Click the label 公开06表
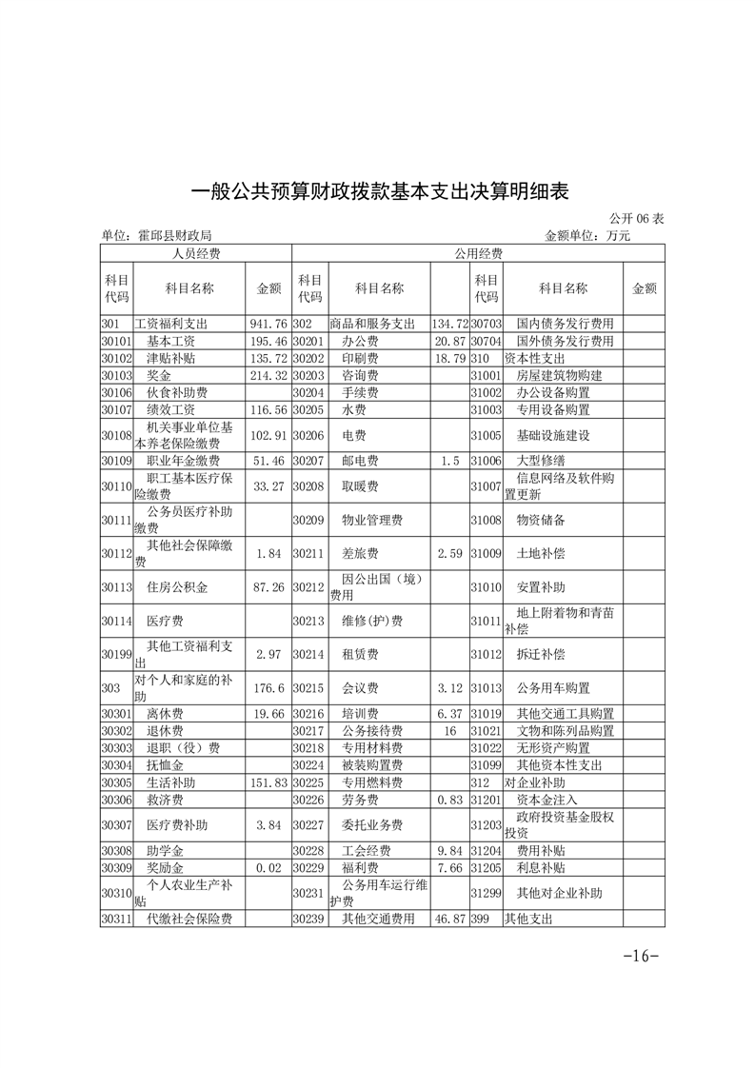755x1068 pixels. tap(633, 219)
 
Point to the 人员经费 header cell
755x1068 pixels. tap(195, 253)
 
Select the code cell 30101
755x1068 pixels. tap(115, 341)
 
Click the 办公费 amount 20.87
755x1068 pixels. tap(448, 341)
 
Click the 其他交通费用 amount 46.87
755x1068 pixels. tap(448, 920)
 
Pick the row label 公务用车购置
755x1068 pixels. tap(553, 687)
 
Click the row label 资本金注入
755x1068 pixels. tap(546, 800)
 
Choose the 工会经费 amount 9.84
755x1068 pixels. tap(450, 851)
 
